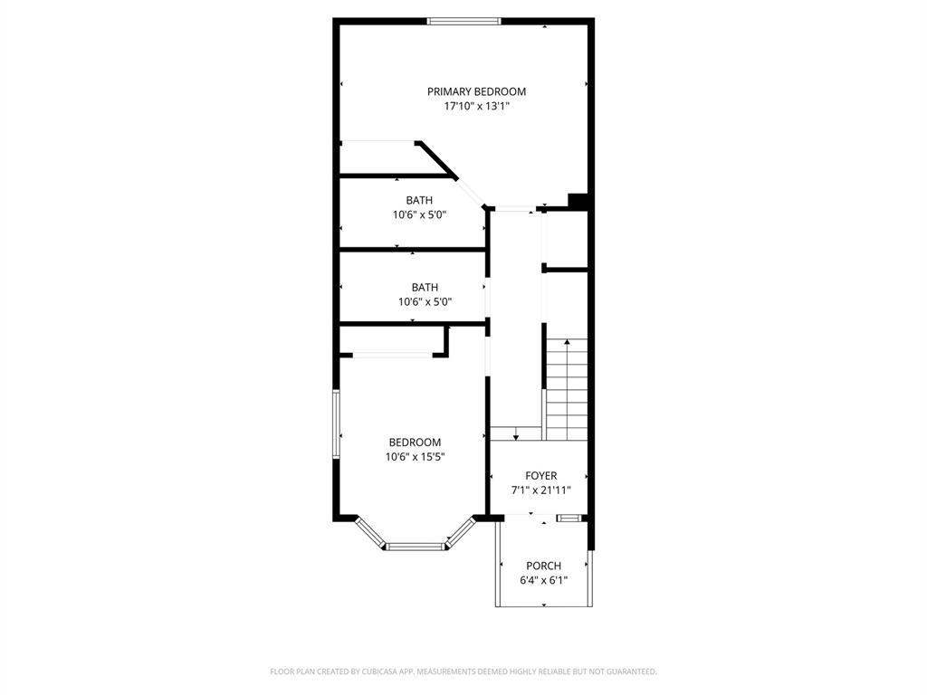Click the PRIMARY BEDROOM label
pyautogui.click(x=476, y=91)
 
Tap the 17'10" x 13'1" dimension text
pyautogui.click(x=476, y=107)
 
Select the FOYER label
pyautogui.click(x=541, y=476)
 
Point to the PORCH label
pyautogui.click(x=544, y=566)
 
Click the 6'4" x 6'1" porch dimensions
pyautogui.click(x=544, y=580)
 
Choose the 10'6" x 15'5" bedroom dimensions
pyautogui.click(x=415, y=457)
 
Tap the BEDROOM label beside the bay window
pyautogui.click(x=415, y=442)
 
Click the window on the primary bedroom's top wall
pyautogui.click(x=464, y=22)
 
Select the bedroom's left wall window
pyautogui.click(x=336, y=424)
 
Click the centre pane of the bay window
pyautogui.click(x=416, y=547)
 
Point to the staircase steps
pyautogui.click(x=567, y=390)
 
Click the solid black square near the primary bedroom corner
pyautogui.click(x=578, y=202)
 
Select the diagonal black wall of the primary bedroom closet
pyautogui.click(x=436, y=159)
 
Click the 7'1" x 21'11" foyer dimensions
pyautogui.click(x=541, y=490)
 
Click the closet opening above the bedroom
pyautogui.click(x=393, y=355)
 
